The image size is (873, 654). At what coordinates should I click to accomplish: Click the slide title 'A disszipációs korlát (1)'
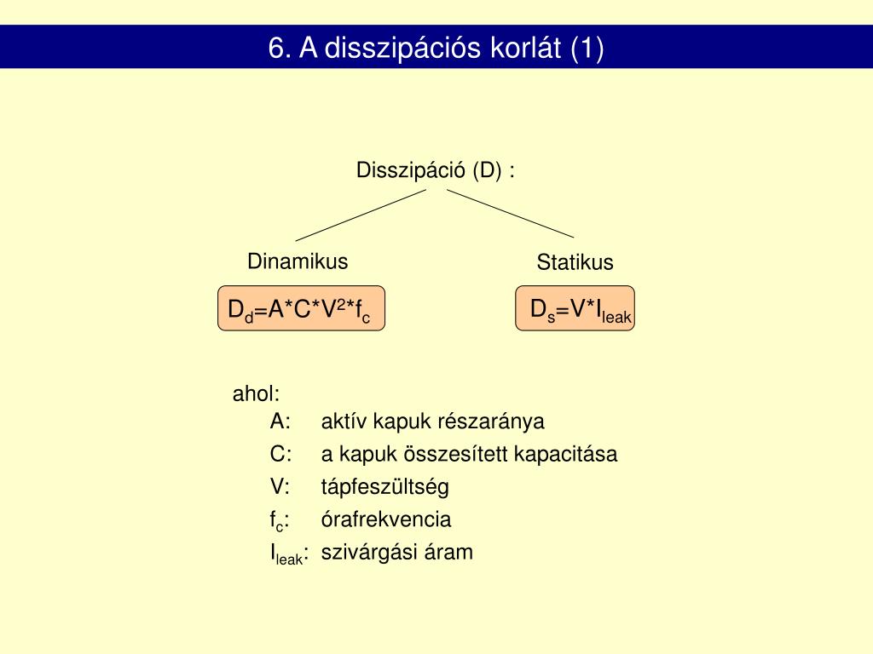click(x=436, y=48)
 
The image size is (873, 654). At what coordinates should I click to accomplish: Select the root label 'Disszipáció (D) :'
click(x=436, y=170)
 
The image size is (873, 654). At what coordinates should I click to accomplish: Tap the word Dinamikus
click(x=298, y=261)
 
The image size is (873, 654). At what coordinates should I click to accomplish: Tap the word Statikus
click(x=575, y=262)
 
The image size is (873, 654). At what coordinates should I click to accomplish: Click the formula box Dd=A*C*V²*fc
click(x=301, y=309)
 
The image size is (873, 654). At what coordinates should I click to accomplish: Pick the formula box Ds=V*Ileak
click(x=576, y=308)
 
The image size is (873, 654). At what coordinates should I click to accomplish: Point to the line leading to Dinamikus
click(x=360, y=215)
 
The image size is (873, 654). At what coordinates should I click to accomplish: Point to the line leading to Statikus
click(x=510, y=213)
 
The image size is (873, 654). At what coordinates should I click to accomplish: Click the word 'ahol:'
click(x=257, y=394)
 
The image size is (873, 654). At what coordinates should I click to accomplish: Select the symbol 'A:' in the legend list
click(x=280, y=422)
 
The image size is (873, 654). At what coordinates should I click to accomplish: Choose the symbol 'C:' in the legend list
click(x=280, y=454)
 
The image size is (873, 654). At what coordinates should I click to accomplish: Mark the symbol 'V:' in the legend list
click(x=280, y=487)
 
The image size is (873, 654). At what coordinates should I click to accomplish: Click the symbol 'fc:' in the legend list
click(x=278, y=520)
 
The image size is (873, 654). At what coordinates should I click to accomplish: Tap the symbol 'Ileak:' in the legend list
click(x=289, y=554)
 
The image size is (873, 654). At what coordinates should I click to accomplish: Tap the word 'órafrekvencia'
click(x=386, y=519)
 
